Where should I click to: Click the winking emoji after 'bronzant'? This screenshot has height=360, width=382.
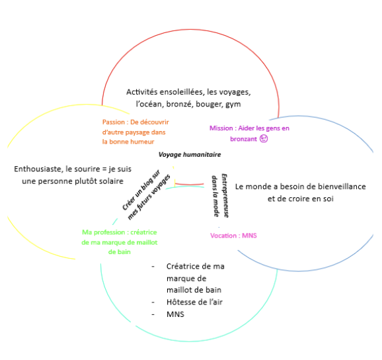264,138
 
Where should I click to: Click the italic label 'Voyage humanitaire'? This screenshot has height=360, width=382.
190,155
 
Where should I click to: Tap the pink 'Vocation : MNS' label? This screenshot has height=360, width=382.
233,236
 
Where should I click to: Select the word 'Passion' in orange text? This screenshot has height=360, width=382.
114,122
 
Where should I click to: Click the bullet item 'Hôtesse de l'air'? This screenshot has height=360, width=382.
194,302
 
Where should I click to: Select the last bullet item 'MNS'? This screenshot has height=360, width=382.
175,314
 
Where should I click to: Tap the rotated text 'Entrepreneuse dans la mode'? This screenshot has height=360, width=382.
220,196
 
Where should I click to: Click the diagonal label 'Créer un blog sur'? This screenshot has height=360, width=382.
141,190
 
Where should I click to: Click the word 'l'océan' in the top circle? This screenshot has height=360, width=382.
150,104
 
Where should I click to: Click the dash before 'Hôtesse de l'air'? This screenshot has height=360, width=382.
153,302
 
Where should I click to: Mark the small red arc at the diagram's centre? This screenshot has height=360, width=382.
189,184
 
